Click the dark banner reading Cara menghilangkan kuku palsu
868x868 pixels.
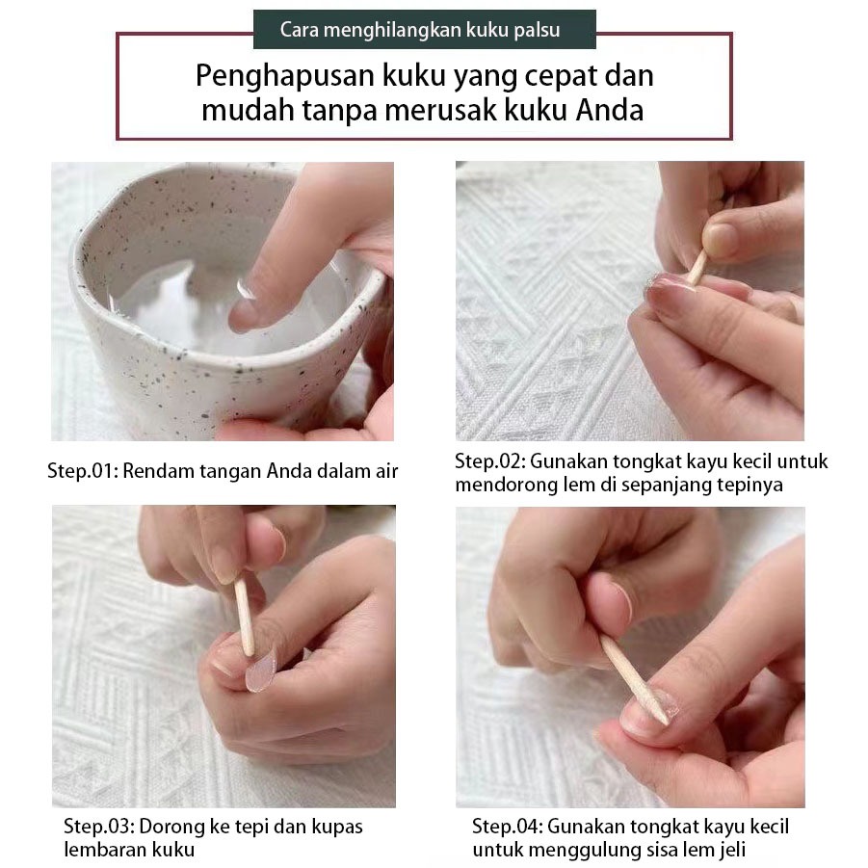(x=425, y=29)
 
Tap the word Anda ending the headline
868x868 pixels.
(x=610, y=110)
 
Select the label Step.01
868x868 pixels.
(x=82, y=471)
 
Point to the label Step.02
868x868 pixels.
(x=489, y=461)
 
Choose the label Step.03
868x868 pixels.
(x=98, y=827)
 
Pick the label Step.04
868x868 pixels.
(x=507, y=827)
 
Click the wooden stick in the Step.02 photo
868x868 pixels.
(x=697, y=268)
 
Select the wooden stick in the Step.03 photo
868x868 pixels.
(x=244, y=618)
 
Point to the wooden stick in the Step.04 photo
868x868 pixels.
(x=635, y=679)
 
